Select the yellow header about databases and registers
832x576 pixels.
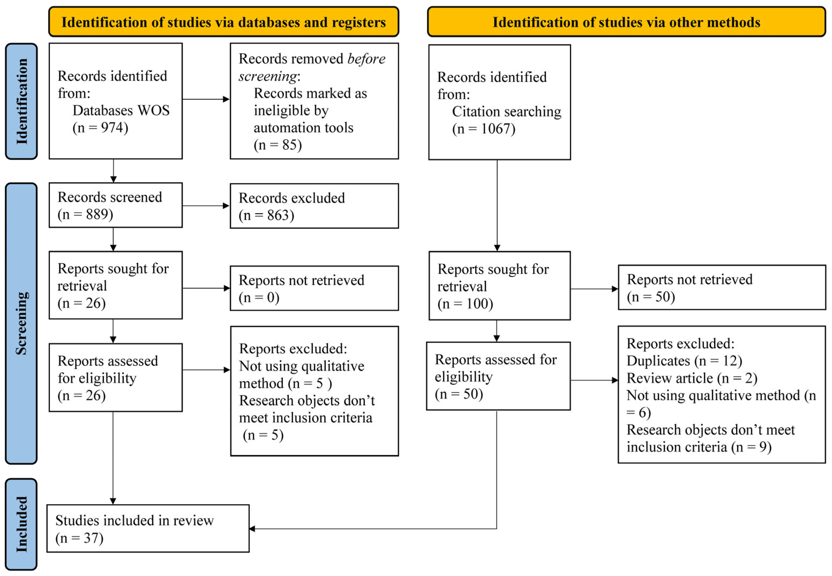coord(224,22)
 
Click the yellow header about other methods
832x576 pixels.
coord(626,22)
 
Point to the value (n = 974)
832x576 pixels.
coord(100,128)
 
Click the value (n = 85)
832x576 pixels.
coord(278,145)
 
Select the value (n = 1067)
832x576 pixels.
coord(484,129)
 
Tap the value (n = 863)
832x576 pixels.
coord(266,215)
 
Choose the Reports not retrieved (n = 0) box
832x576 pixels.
coord(314,288)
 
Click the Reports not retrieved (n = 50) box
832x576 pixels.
coord(722,288)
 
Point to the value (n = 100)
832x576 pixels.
coord(465,304)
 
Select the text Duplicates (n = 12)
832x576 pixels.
coord(684,361)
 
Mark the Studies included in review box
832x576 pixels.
coord(148,528)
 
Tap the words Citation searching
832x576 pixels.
coord(506,111)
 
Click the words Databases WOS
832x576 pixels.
coord(121,110)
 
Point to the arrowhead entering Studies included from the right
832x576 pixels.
coord(252,529)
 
